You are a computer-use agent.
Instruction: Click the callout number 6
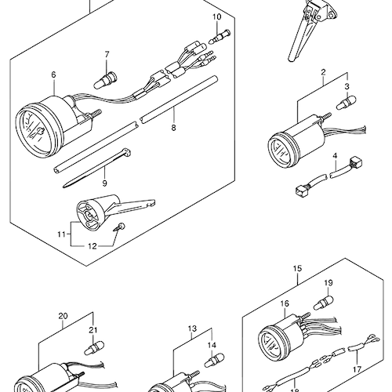click(x=53, y=74)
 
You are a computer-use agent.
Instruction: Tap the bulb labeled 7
click(x=105, y=80)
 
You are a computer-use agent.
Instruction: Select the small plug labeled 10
click(x=220, y=37)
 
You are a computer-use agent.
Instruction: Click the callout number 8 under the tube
click(x=173, y=128)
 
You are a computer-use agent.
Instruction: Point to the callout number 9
click(x=104, y=183)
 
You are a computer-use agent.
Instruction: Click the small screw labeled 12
click(x=119, y=227)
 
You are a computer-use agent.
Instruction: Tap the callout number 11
click(x=61, y=234)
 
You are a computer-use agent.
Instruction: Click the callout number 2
click(x=323, y=72)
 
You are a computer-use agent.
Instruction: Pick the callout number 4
click(x=335, y=156)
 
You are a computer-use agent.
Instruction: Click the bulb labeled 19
click(x=324, y=302)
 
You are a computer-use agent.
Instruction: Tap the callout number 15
click(x=297, y=268)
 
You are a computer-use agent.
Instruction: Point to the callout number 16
click(x=285, y=303)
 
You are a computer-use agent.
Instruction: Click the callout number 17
click(x=357, y=369)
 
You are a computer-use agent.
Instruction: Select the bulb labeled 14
click(x=214, y=360)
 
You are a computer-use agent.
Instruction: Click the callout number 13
click(x=192, y=328)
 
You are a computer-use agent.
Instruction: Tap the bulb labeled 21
click(x=94, y=348)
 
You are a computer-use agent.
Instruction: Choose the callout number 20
click(x=63, y=316)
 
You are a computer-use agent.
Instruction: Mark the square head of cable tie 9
click(x=126, y=152)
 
